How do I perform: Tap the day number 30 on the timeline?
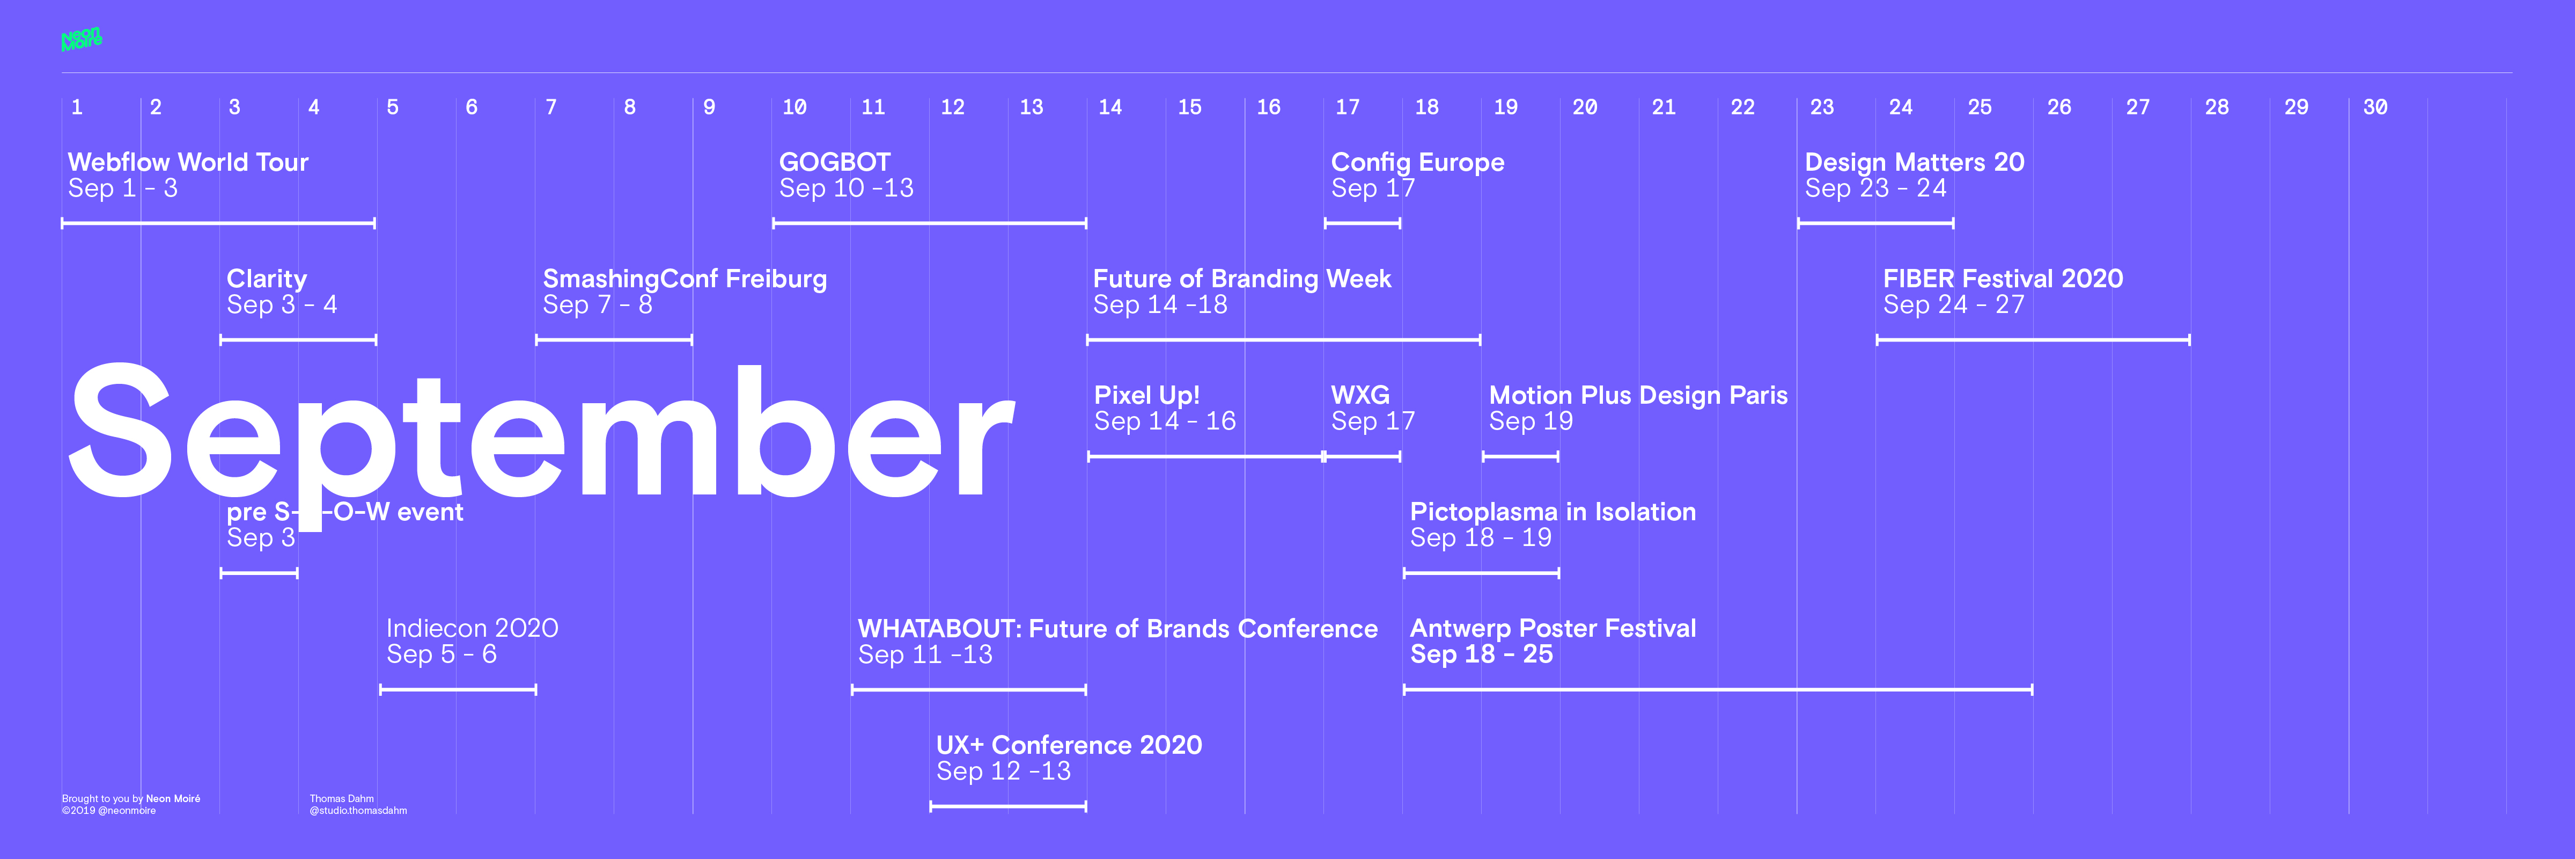click(2375, 107)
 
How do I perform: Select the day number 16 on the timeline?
click(1269, 107)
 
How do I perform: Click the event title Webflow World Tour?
click(188, 162)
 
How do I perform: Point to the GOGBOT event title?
click(835, 162)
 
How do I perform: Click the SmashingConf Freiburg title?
click(685, 279)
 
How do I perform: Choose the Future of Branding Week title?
click(1241, 279)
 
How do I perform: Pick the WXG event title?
click(1360, 395)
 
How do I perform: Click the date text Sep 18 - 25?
click(1481, 654)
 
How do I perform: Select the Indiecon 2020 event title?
click(472, 628)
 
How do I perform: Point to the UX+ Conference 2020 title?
click(1069, 745)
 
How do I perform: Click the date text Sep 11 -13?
click(925, 654)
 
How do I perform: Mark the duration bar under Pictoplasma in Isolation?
click(1481, 573)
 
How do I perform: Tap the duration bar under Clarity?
click(298, 340)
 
